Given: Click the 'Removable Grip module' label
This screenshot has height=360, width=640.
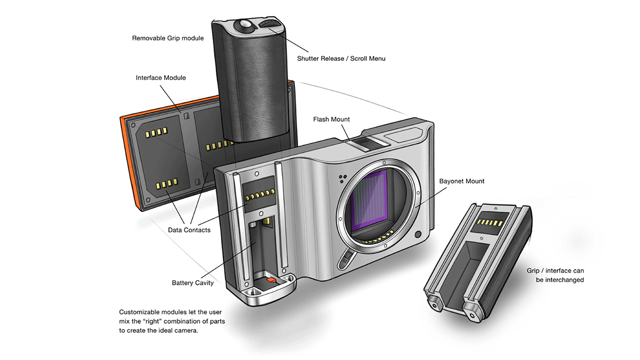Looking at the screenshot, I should (x=167, y=38).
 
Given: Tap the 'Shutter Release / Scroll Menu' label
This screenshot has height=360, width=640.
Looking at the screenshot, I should (x=341, y=59).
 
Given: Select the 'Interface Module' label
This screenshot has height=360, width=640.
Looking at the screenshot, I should (x=161, y=78).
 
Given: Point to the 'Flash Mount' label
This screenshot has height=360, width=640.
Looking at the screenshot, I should (x=331, y=119).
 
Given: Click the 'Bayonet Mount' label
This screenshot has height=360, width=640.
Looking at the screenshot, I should (x=461, y=181).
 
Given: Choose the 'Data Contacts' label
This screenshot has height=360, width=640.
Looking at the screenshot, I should (x=189, y=230).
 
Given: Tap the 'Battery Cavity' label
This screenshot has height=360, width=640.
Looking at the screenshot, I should (x=193, y=283).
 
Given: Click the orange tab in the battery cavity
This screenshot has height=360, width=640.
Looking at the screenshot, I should (x=270, y=279).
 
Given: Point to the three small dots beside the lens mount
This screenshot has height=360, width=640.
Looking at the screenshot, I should (x=341, y=178).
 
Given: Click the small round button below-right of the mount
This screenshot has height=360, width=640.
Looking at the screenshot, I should (x=418, y=234).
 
